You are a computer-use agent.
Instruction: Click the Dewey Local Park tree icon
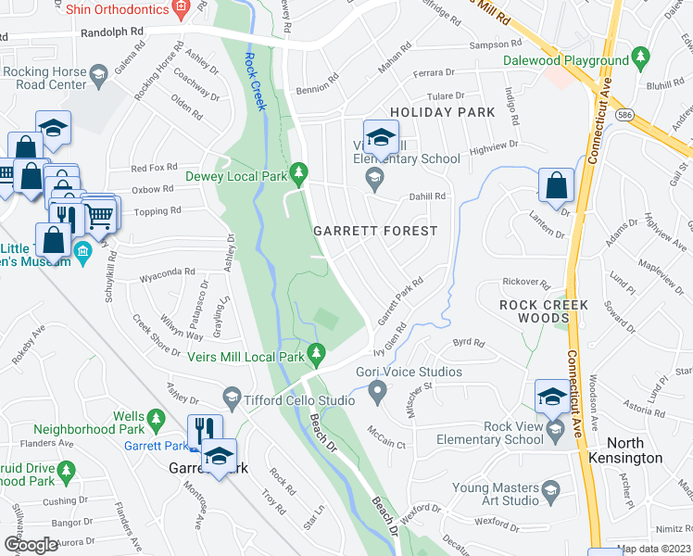point(298,172)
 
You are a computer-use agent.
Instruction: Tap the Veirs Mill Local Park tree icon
point(317,353)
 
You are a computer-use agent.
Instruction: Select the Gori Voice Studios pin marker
point(376,394)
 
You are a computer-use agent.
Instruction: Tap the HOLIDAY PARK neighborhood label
point(442,112)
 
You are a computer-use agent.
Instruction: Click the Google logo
point(31,544)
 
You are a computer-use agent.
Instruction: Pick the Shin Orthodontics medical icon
point(181,9)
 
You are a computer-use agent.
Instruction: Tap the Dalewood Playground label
point(565,61)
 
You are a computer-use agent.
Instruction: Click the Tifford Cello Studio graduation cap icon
point(232,400)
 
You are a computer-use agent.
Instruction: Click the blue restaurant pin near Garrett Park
point(200,431)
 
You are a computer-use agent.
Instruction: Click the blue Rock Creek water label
point(255,82)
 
